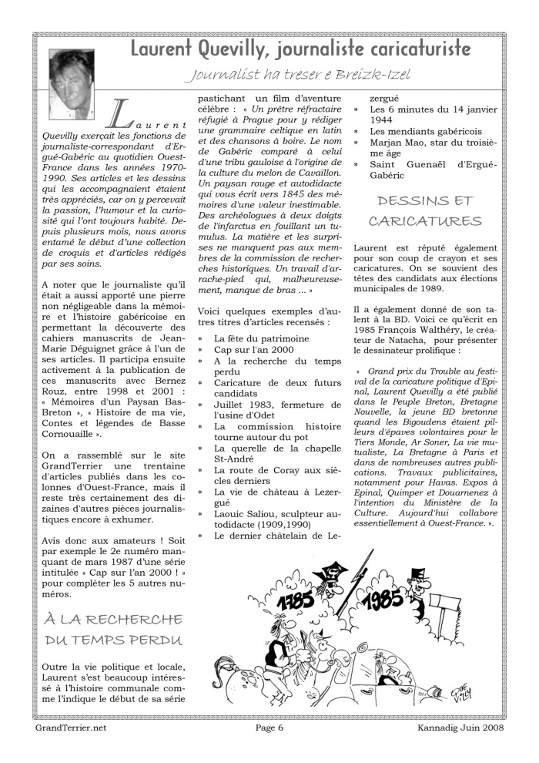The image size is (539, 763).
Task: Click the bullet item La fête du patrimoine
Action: (262, 338)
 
